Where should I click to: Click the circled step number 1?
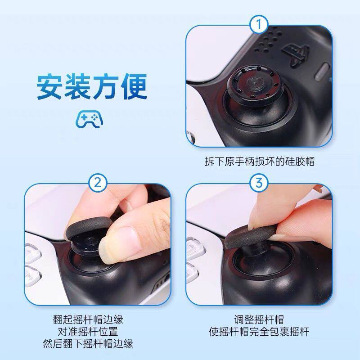(259, 25)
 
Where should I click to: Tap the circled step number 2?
(98, 183)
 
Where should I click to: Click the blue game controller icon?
(90, 119)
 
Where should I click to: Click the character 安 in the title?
(49, 87)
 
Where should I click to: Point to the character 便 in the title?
(134, 87)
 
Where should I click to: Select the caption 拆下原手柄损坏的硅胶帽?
(259, 162)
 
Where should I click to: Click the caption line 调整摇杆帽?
(259, 320)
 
